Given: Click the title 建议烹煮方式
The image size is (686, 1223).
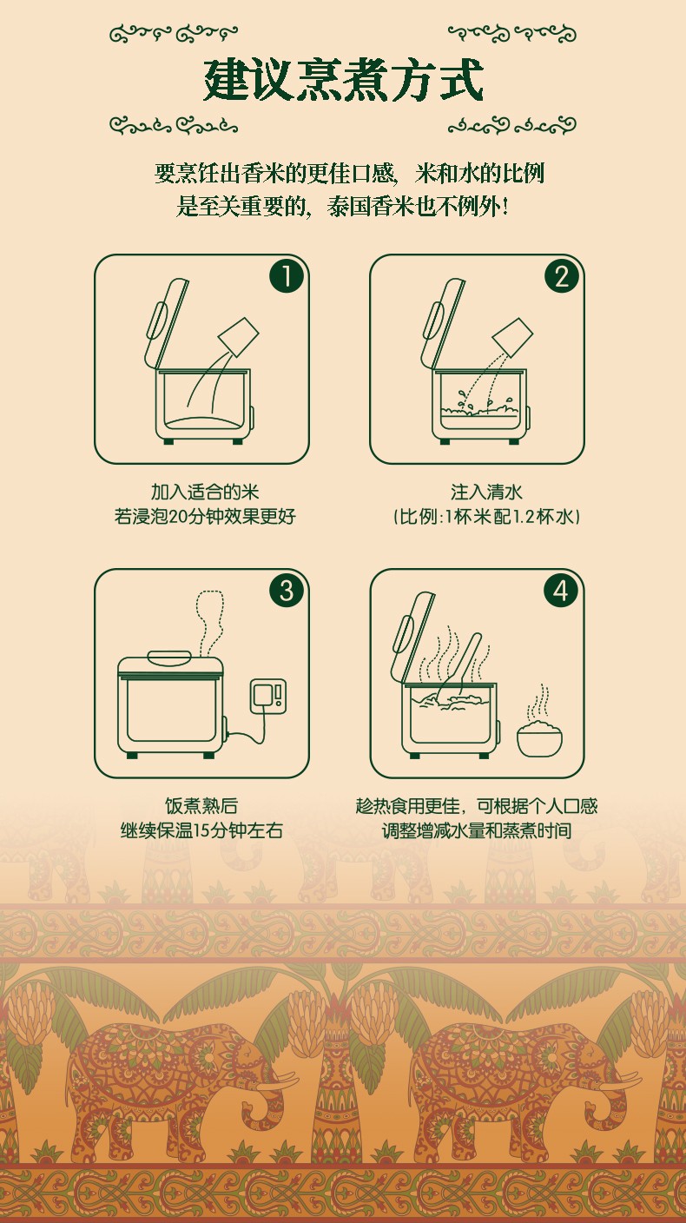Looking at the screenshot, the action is click(x=343, y=80).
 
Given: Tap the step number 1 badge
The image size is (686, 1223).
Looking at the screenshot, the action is click(x=286, y=275).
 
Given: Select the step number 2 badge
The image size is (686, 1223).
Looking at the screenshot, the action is click(x=562, y=275).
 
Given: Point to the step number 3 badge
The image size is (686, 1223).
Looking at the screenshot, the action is click(x=286, y=590).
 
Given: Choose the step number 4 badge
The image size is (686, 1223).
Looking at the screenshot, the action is click(x=561, y=590).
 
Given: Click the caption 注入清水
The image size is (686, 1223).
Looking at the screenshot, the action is click(x=486, y=492).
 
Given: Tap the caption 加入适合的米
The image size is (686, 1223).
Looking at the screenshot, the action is click(x=205, y=492).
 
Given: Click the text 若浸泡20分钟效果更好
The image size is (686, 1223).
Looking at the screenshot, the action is click(x=205, y=516).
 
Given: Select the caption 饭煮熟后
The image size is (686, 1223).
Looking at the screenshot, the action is click(x=201, y=806).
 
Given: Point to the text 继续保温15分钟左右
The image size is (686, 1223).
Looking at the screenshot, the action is click(x=201, y=830).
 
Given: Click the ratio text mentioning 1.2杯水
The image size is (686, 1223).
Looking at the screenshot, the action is click(x=486, y=516).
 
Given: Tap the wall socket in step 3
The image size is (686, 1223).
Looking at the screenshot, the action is click(x=268, y=696).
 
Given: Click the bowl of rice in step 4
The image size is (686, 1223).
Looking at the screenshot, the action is click(x=540, y=737).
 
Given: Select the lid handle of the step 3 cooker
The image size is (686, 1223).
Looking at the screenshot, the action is click(x=169, y=658).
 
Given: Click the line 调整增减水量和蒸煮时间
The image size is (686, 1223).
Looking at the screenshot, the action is click(x=477, y=830).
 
